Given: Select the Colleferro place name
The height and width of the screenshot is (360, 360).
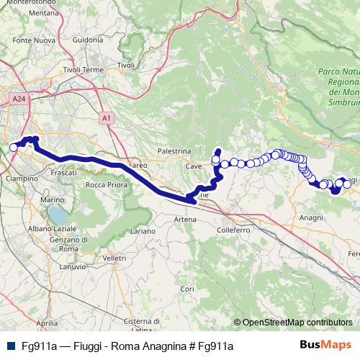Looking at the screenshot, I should click(x=233, y=230).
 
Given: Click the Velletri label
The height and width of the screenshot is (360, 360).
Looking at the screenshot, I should click(x=114, y=257).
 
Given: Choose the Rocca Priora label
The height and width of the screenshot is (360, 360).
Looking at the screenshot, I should click(x=106, y=185).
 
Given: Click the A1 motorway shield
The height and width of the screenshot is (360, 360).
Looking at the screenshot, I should click(x=106, y=117).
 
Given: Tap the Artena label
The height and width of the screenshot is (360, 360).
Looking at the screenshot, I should click(x=185, y=219).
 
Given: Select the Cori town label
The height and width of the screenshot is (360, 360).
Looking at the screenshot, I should click(x=186, y=288).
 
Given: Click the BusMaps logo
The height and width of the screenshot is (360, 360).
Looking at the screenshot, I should click(x=326, y=346).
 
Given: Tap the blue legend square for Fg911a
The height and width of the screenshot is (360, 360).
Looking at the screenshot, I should click(x=9, y=346).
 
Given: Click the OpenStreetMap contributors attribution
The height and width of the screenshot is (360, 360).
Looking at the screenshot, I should click(x=296, y=323).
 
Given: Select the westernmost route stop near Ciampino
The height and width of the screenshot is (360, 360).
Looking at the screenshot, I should click(x=13, y=148).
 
